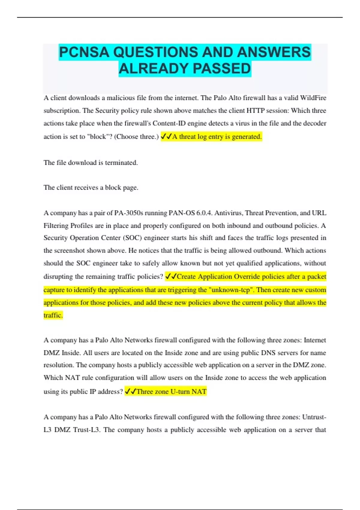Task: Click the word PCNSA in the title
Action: point(84,52)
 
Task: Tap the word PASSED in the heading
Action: point(222,69)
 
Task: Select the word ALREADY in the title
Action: point(153,69)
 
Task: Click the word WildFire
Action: point(313,98)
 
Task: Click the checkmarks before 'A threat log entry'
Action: point(166,136)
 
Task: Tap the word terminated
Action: point(121,163)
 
